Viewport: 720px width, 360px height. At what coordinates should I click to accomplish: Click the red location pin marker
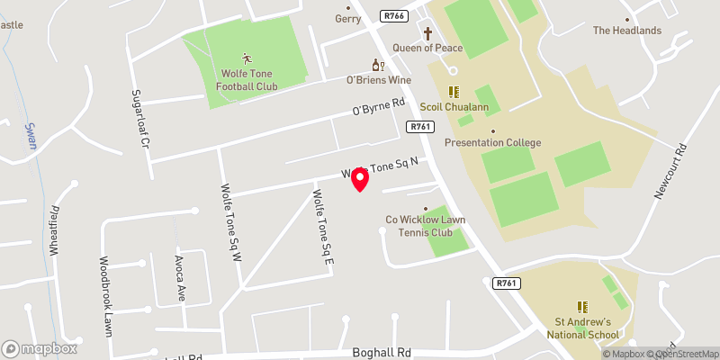[360, 179]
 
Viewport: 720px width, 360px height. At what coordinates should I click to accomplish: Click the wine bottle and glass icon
[378, 65]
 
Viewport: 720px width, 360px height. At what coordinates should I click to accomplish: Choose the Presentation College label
[492, 142]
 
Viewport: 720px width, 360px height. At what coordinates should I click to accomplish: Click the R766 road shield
[394, 15]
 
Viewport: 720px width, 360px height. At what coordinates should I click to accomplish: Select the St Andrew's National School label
[583, 328]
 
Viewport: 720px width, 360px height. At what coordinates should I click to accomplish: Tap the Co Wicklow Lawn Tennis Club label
[425, 225]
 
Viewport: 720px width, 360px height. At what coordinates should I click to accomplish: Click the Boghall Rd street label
[382, 352]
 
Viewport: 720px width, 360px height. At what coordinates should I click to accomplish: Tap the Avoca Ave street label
[179, 278]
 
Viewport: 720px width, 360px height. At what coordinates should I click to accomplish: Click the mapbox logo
[40, 348]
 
